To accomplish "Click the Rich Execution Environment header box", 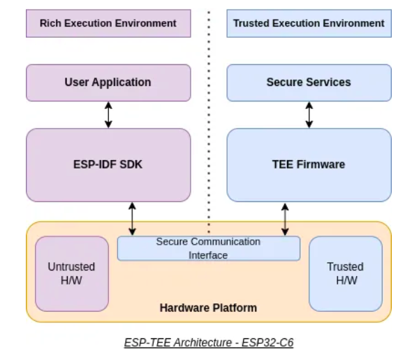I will pos(108,23).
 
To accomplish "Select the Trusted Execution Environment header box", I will pos(309,23).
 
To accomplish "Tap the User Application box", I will pos(108,82).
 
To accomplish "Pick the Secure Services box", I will pos(309,82).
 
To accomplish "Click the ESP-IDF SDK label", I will pos(108,165).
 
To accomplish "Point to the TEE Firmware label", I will pos(309,165).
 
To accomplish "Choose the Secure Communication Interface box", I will pos(208,248).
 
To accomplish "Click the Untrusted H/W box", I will pos(71,273).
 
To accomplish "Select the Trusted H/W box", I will pos(345,273).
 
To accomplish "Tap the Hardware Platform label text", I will pos(208,308).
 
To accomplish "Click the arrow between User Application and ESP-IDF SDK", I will pos(108,115).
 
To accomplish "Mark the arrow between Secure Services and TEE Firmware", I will pos(309,115).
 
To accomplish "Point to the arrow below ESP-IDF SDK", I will pos(132,219).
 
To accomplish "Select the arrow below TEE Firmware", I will pos(285,219).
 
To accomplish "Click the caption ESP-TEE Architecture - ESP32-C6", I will pos(208,343).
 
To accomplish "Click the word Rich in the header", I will pos(50,23).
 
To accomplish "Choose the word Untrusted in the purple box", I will pos(71,267).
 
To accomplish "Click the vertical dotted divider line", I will pos(208,112).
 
